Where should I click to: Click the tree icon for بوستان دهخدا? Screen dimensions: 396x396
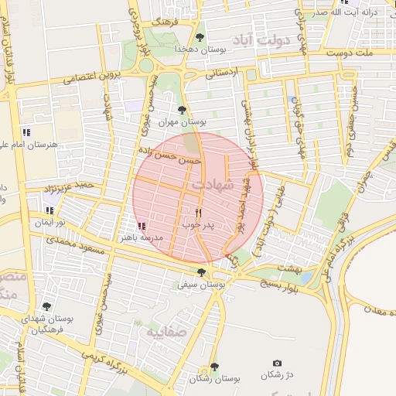click(200, 36)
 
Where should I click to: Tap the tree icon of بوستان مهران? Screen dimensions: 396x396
click(182, 110)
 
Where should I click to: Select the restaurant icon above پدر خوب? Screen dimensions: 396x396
click(198, 213)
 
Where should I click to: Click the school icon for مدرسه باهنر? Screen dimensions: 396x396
click(141, 226)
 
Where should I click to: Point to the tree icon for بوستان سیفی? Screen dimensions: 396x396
click(202, 272)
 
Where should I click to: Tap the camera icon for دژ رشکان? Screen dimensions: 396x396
click(278, 364)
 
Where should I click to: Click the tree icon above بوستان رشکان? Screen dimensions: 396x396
click(214, 367)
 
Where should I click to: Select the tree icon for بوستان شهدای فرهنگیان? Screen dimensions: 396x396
click(46, 306)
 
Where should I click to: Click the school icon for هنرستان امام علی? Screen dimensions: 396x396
click(27, 132)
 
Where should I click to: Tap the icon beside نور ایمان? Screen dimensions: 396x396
click(51, 210)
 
